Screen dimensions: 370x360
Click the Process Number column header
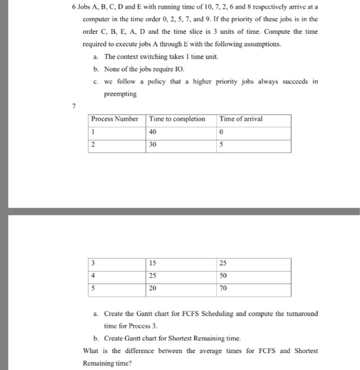115,118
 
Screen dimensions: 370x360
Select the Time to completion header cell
177,118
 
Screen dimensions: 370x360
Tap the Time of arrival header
241,118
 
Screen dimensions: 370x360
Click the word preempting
120,94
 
